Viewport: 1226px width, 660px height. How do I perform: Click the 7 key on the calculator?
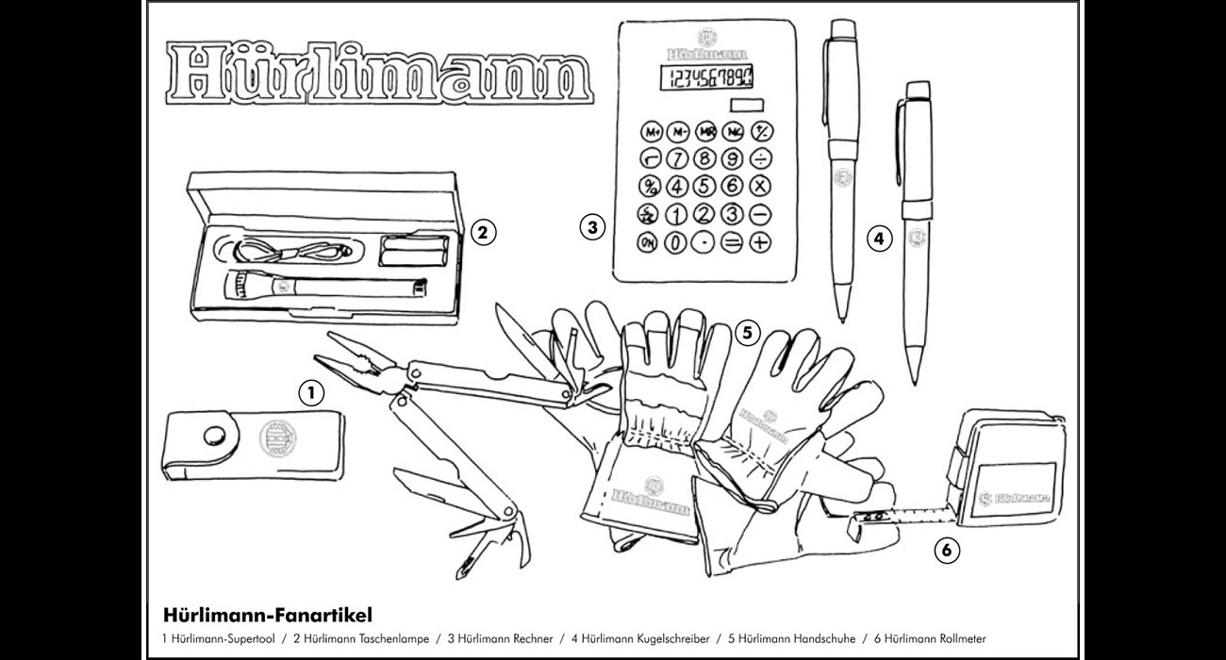676,158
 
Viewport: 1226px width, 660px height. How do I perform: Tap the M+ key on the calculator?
650,131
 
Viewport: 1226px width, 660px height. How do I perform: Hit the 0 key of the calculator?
675,242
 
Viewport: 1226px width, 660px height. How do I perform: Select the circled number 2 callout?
482,231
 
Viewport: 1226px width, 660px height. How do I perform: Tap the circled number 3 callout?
591,226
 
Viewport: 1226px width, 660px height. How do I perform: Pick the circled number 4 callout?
879,239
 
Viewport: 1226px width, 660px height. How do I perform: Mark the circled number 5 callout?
746,332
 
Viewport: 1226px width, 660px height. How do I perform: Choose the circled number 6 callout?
947,547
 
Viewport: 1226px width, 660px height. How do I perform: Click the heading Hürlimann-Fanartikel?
261,615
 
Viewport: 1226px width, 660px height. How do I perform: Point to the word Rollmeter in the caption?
959,639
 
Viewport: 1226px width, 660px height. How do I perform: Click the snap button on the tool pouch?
214,436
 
